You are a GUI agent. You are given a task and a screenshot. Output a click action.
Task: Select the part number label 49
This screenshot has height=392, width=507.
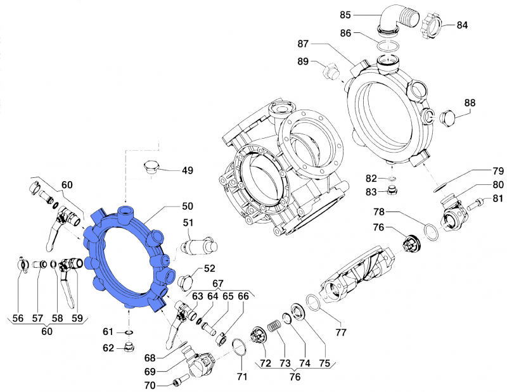[x=188, y=170]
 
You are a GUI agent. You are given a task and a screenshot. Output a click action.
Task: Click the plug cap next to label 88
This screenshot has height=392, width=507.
[x=447, y=118]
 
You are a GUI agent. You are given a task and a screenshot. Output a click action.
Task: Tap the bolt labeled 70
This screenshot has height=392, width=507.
[x=177, y=383]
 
